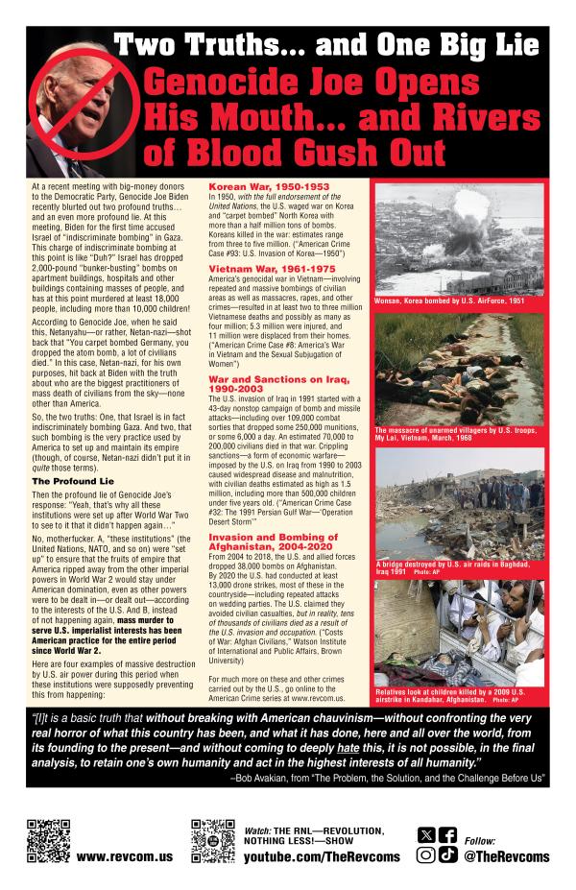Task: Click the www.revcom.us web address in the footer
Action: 117,854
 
